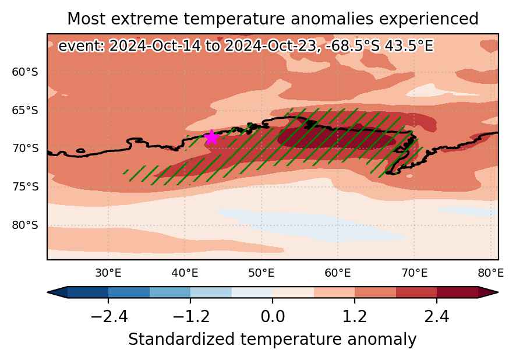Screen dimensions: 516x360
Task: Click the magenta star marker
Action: tap(211, 137)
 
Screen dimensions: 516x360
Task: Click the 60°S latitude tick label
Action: tap(25, 72)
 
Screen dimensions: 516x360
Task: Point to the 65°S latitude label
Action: tap(25, 110)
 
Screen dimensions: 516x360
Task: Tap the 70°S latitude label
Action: tap(25, 149)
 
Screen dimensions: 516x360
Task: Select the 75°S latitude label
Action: tap(25, 187)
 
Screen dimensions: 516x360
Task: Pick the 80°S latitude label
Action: tap(25, 225)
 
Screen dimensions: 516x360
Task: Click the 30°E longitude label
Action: tap(108, 273)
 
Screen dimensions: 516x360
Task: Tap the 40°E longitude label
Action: tap(185, 273)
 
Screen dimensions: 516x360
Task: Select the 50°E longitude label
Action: tap(261, 273)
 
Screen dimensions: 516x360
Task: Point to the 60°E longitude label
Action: tap(338, 273)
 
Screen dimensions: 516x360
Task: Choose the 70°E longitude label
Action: tap(414, 273)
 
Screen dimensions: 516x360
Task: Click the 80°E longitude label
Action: tap(490, 273)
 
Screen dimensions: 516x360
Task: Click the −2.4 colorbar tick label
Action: tap(108, 317)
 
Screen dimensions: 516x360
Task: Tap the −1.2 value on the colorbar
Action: tap(191, 317)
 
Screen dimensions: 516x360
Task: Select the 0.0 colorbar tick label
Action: tap(273, 317)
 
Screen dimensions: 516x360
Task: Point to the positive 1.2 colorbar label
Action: tap(355, 317)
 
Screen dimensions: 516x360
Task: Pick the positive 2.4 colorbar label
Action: tap(437, 317)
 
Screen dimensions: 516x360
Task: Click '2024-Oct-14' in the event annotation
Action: tap(154, 46)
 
